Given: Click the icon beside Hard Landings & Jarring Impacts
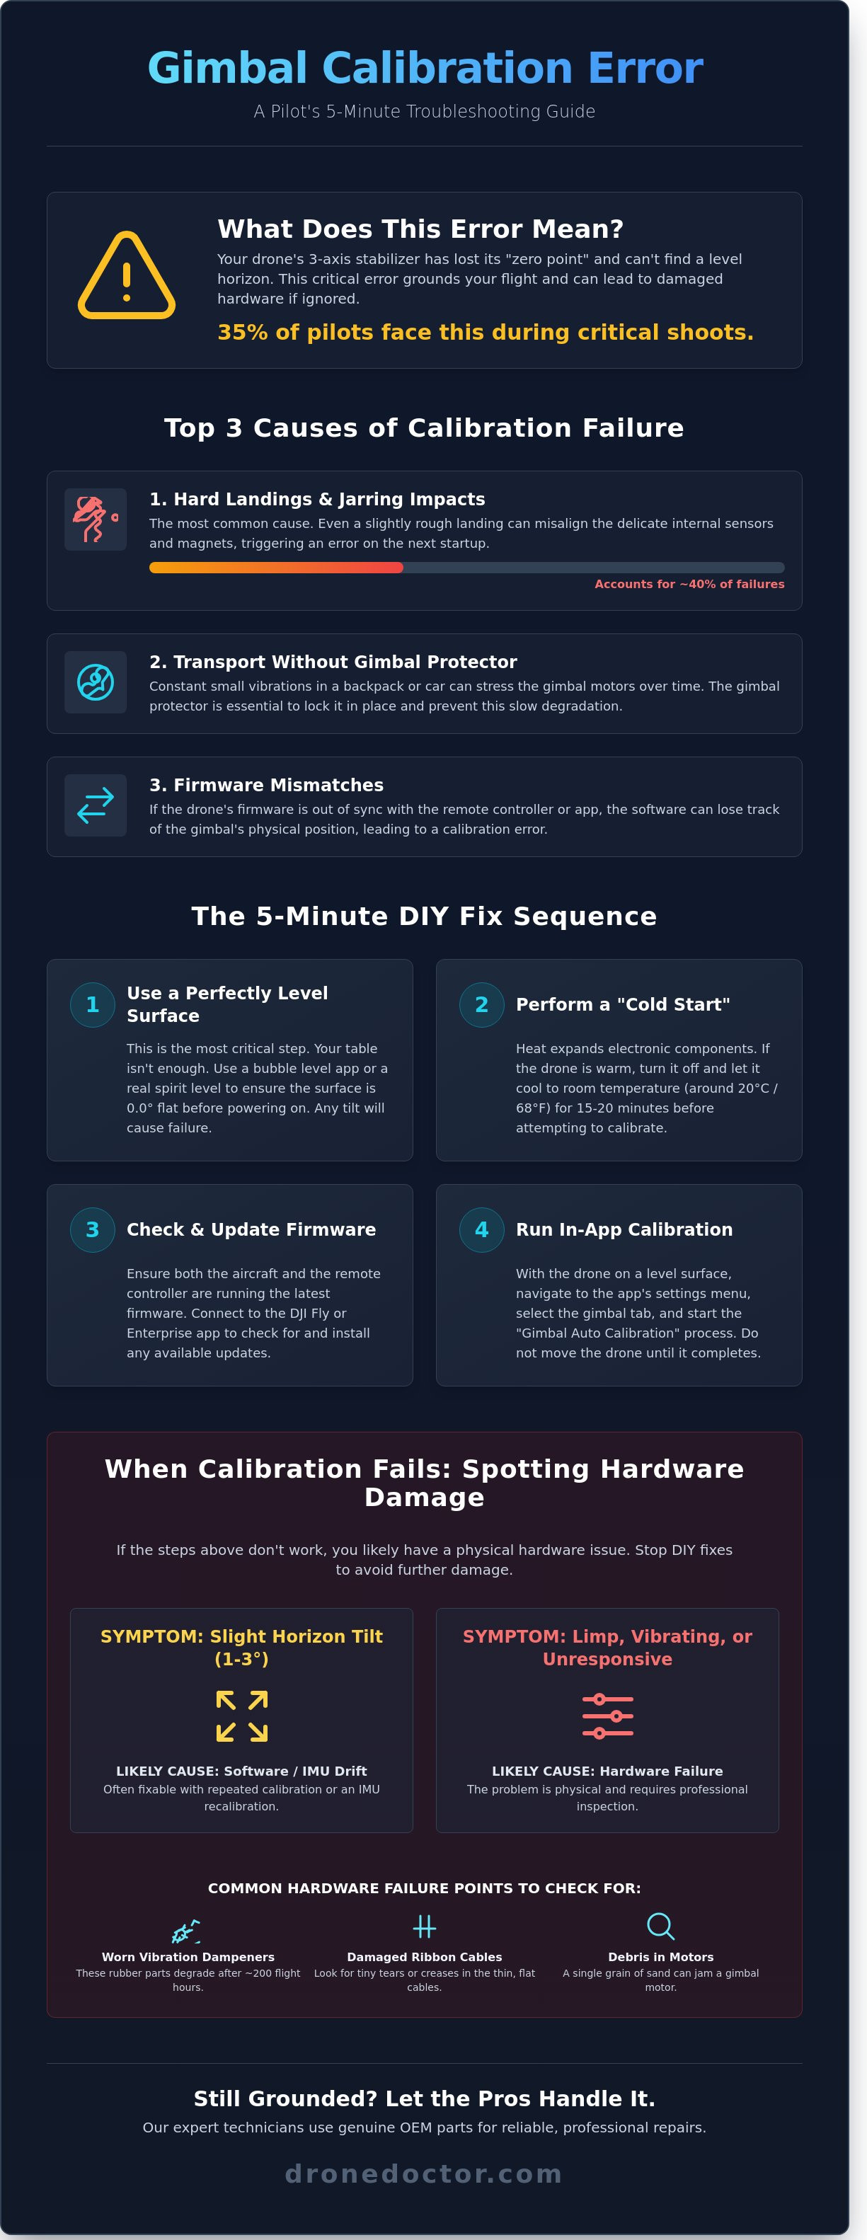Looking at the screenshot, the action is [96, 519].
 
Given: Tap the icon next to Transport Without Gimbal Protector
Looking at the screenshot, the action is [96, 682].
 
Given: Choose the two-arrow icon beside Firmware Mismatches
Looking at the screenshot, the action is [96, 805].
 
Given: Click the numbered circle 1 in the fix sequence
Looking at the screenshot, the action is [92, 1004].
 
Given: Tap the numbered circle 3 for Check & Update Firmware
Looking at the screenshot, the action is [92, 1229].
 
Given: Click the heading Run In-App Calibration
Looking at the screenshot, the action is [624, 1229].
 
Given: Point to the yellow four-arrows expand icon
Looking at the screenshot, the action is [242, 1716].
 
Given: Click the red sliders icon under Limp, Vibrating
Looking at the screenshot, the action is [607, 1716].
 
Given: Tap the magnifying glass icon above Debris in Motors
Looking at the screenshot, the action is [661, 1926].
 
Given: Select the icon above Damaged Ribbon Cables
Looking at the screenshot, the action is [425, 1926].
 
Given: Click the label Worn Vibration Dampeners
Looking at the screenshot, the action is [188, 1956].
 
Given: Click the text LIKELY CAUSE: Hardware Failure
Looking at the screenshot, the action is [607, 1771].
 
